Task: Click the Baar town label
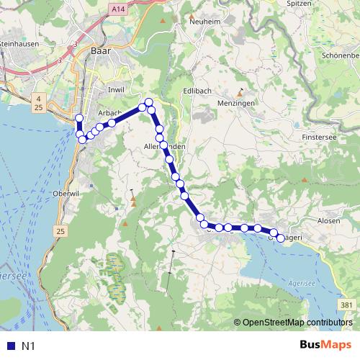click(x=99, y=51)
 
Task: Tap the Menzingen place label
click(x=237, y=103)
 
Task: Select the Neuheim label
click(x=203, y=22)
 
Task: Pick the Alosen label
click(x=328, y=220)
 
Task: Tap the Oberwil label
click(x=65, y=194)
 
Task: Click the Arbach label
click(x=109, y=113)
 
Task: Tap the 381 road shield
click(x=347, y=305)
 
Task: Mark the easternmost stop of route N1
click(x=281, y=238)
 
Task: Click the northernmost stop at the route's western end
click(x=79, y=118)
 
